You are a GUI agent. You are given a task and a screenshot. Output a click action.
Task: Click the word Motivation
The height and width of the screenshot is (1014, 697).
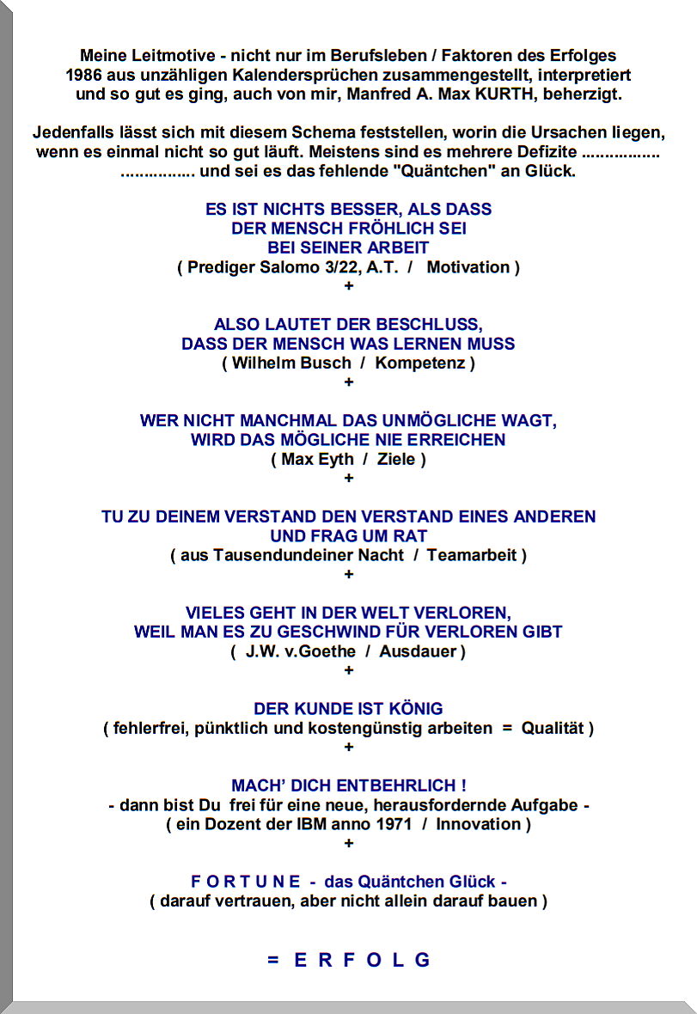[x=468, y=267]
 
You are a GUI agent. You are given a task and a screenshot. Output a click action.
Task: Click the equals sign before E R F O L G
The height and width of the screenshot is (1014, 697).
[x=272, y=960]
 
